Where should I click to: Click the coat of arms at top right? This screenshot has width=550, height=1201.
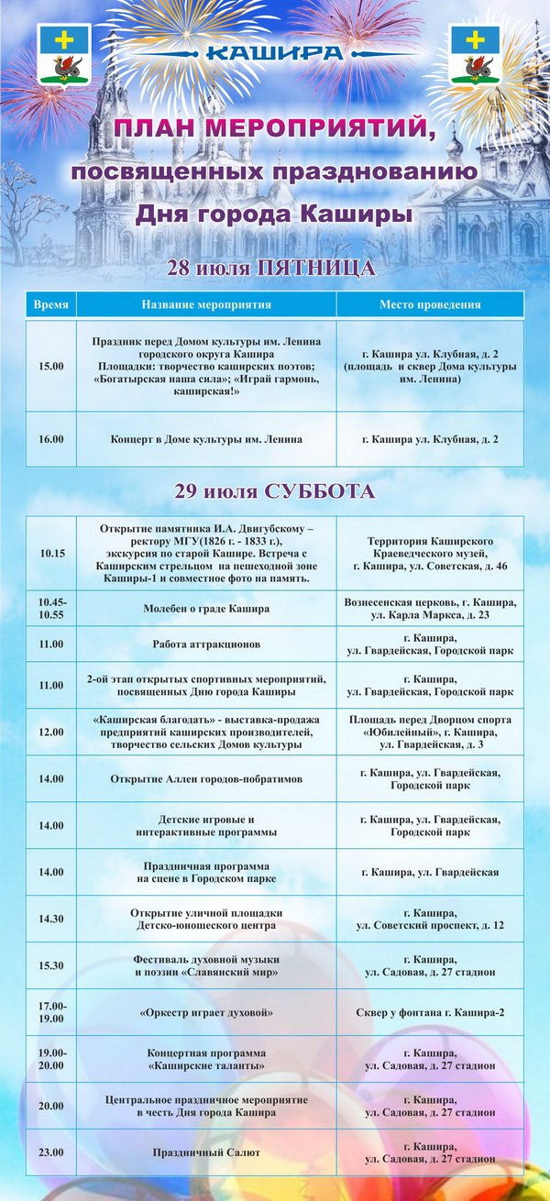(x=476, y=55)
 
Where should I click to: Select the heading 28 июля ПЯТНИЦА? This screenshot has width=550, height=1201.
(x=271, y=268)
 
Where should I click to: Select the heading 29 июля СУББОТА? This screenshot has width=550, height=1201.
(x=275, y=491)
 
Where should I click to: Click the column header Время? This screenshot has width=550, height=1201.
(x=50, y=304)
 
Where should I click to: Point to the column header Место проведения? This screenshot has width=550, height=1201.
(x=430, y=304)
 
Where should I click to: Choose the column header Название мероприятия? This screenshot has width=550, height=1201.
(x=206, y=304)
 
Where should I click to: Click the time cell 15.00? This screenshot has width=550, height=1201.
(x=51, y=366)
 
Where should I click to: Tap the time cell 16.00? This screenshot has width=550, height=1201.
(x=51, y=439)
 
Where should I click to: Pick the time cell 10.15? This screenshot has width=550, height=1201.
(x=51, y=554)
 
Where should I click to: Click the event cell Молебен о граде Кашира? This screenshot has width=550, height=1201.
(x=206, y=608)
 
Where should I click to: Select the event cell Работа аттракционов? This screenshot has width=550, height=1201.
(x=206, y=645)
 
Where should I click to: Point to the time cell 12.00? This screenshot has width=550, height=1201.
(x=51, y=733)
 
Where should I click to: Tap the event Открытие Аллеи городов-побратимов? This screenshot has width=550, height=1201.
(x=206, y=779)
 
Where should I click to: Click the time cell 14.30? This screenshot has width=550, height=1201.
(x=51, y=919)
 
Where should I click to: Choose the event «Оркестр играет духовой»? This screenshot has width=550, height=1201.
(x=206, y=1013)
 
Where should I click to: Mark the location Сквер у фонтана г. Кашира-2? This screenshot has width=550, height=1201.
(x=430, y=1013)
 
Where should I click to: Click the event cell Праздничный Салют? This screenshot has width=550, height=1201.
(x=206, y=1152)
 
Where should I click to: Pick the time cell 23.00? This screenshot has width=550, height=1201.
(x=51, y=1152)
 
